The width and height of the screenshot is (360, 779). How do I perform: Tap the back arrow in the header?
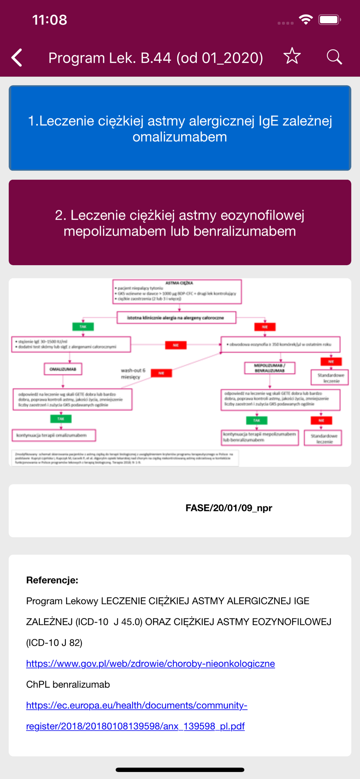click(x=17, y=58)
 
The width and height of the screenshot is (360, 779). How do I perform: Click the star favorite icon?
click(x=292, y=56)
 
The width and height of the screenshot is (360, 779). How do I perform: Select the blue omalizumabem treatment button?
click(x=180, y=128)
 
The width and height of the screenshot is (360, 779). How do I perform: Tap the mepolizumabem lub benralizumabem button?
click(x=180, y=223)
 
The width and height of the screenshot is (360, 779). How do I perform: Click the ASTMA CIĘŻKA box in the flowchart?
click(x=177, y=291)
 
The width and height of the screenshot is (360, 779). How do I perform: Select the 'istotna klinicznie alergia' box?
click(x=176, y=318)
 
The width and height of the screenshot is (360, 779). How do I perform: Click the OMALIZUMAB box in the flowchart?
click(x=63, y=369)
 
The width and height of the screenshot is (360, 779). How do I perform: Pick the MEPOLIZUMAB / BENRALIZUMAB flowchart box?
click(x=270, y=368)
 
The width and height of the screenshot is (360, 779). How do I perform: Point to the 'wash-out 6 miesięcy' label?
click(x=133, y=374)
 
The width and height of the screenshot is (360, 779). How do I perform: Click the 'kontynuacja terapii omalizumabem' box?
click(x=54, y=435)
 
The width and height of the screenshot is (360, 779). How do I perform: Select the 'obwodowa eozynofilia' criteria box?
click(x=280, y=344)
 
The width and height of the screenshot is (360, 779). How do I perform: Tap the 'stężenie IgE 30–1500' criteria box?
click(x=71, y=344)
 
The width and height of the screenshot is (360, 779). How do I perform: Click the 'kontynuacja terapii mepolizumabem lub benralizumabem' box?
click(x=260, y=437)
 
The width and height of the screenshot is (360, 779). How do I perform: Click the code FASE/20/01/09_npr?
click(x=229, y=508)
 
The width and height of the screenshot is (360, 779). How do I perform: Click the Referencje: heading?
click(x=52, y=580)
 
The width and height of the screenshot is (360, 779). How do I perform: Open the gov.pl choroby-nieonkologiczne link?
click(x=150, y=663)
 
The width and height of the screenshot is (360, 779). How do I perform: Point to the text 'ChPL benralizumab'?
click(x=68, y=684)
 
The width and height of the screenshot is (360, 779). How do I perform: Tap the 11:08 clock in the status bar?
click(x=49, y=20)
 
